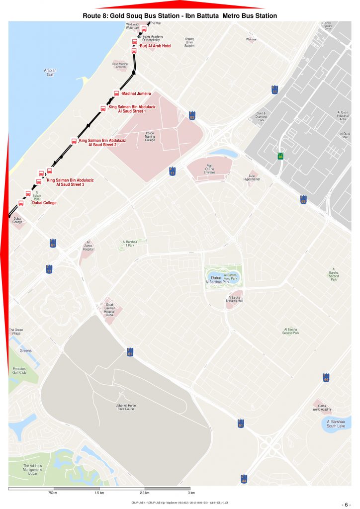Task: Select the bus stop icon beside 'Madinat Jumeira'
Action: click(117, 93)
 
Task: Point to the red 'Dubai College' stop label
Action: click(44, 203)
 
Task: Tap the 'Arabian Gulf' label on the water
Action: click(51, 73)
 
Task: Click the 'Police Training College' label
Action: click(150, 136)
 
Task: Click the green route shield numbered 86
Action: click(280, 157)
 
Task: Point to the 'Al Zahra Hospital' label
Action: click(88, 246)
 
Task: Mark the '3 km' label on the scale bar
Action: click(191, 493)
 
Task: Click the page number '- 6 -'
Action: click(346, 504)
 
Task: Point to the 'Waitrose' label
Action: click(251, 39)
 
